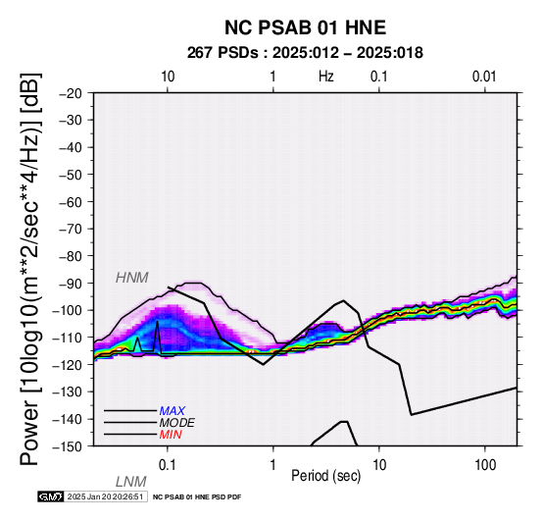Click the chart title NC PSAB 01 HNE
tap(305, 27)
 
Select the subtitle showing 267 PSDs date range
tap(305, 53)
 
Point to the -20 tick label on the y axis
tap(71, 93)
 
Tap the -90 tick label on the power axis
tap(71, 284)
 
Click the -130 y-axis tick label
tap(68, 392)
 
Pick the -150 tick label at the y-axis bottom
tap(68, 446)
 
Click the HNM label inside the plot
tap(132, 278)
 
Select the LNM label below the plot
tap(131, 482)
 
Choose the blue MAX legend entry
tap(173, 411)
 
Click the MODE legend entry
tap(177, 423)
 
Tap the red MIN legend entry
tap(171, 435)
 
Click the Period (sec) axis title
tap(325, 476)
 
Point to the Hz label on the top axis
tap(326, 77)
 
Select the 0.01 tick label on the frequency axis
tap(484, 77)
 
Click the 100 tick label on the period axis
tap(485, 465)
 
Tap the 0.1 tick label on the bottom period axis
tap(168, 465)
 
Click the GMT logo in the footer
tap(51, 496)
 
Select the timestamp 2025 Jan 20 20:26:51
tap(105, 496)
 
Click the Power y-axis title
tap(30, 269)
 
